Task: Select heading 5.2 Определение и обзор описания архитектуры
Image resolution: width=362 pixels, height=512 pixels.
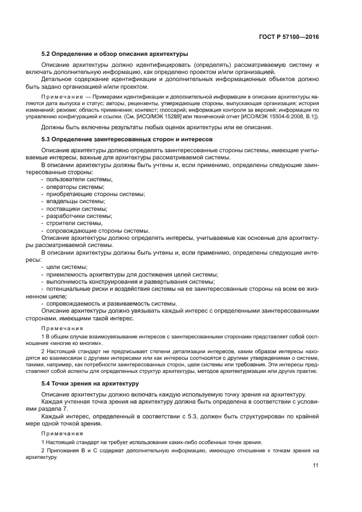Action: coord(115,54)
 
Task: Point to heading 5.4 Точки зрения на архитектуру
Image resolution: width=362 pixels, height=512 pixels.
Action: coord(89,383)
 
